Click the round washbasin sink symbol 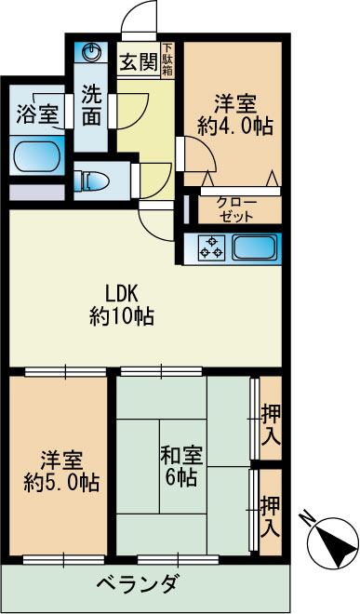click(x=92, y=52)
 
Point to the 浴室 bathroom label click(x=38, y=114)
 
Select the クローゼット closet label click(x=235, y=208)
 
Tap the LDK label click(x=121, y=288)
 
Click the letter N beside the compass click(x=307, y=517)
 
